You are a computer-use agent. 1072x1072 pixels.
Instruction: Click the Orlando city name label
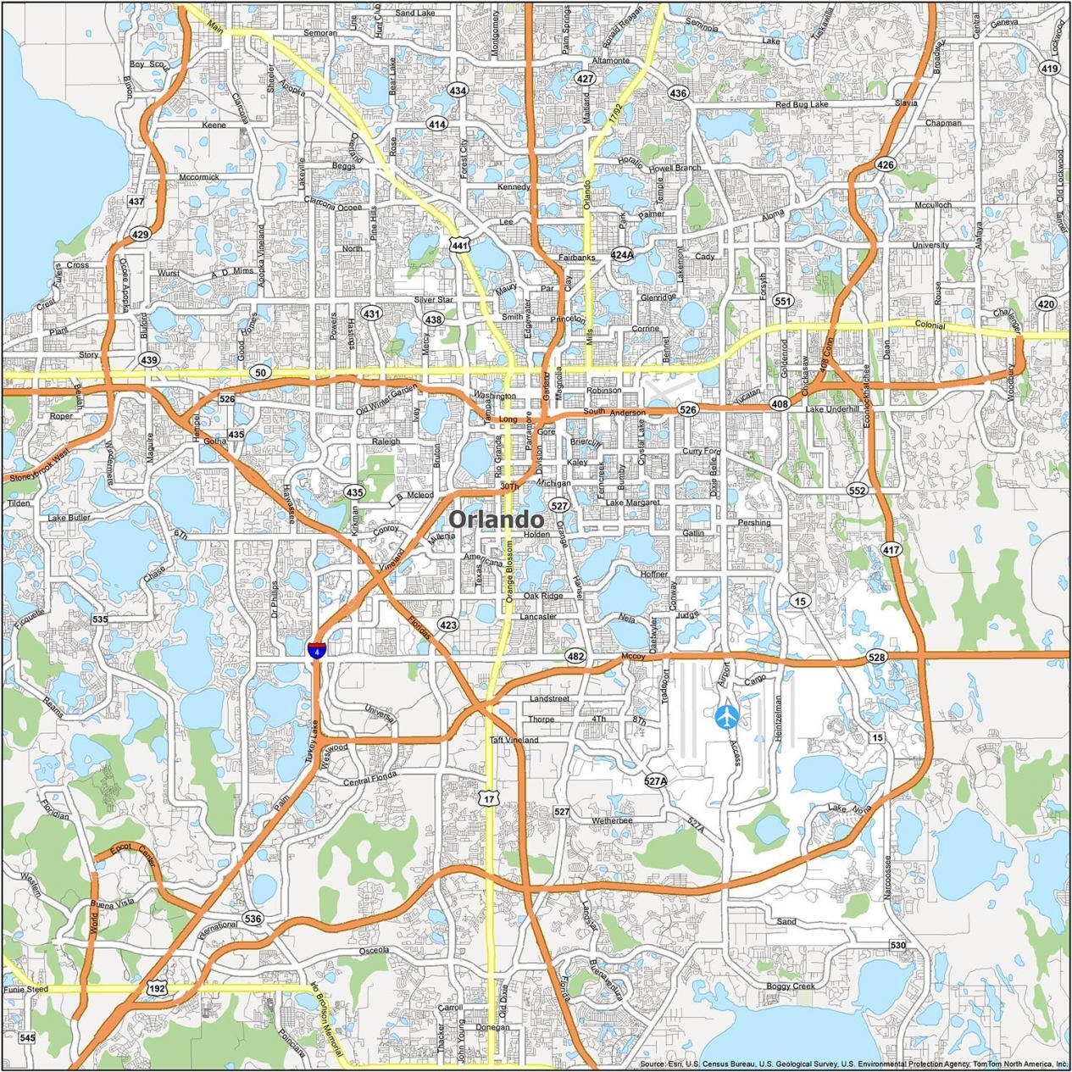click(x=496, y=519)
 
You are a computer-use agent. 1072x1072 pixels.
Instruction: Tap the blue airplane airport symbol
click(x=726, y=717)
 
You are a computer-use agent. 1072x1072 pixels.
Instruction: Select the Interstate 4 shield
click(x=315, y=650)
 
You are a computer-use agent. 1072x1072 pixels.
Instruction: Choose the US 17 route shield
click(x=487, y=798)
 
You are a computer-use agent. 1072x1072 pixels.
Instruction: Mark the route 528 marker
click(x=876, y=658)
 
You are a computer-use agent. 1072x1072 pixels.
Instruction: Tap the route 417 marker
click(x=891, y=550)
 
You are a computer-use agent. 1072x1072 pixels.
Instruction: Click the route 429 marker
click(x=141, y=235)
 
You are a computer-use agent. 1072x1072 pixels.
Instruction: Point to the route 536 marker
click(x=253, y=919)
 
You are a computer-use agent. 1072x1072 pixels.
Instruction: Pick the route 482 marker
click(x=576, y=657)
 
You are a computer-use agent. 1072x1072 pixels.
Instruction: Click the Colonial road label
click(x=930, y=325)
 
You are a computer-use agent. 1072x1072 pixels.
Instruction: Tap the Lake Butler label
click(x=69, y=517)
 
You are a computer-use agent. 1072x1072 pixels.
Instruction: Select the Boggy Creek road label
click(x=790, y=986)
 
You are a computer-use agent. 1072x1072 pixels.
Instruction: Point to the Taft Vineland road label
click(x=514, y=740)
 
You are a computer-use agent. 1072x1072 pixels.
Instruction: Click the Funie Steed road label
click(x=26, y=989)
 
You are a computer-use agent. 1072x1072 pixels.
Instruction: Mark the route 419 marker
click(x=1049, y=69)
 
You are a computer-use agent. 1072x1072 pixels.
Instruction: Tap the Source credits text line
click(x=853, y=1064)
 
